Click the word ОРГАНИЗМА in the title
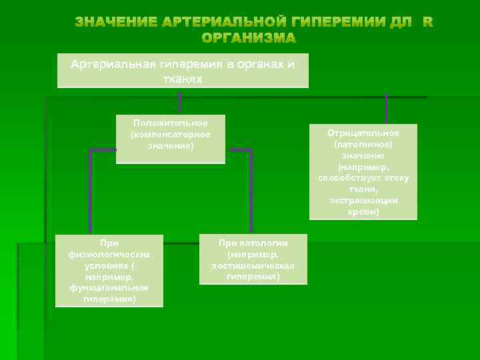point(249,37)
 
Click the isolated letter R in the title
point(427,22)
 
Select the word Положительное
point(171,123)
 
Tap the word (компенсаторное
point(171,134)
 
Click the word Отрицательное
point(363,133)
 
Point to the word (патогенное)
point(363,144)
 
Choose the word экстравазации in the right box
point(363,201)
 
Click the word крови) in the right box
point(363,212)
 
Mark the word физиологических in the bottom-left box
point(109,254)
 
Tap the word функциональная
point(109,287)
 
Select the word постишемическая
point(253,265)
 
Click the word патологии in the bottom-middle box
point(263,243)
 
